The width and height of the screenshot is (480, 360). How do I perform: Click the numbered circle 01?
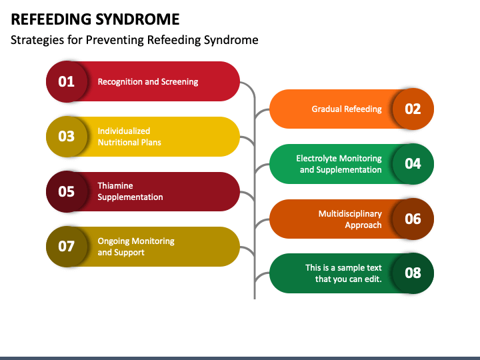click(67, 81)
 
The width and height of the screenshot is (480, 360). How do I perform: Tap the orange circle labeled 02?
click(413, 109)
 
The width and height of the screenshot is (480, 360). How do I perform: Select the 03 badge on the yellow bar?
click(67, 137)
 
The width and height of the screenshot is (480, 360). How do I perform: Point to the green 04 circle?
click(413, 164)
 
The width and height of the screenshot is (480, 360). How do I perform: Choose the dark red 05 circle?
click(67, 191)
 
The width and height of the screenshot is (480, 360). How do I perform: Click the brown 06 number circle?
click(413, 219)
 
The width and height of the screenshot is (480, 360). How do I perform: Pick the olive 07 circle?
click(67, 247)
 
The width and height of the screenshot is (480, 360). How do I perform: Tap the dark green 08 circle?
click(413, 273)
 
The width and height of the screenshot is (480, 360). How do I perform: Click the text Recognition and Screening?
click(148, 82)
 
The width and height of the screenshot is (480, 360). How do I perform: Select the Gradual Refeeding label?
click(347, 109)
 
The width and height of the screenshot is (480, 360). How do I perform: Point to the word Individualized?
click(124, 131)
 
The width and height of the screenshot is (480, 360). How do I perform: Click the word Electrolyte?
click(315, 158)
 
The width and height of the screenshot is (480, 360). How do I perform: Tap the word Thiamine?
click(115, 186)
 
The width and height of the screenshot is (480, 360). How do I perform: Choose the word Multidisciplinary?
click(350, 214)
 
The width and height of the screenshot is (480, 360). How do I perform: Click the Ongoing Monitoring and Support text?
click(136, 247)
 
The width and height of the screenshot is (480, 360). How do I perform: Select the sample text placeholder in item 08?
click(343, 273)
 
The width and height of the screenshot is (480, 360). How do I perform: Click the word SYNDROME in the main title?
click(137, 19)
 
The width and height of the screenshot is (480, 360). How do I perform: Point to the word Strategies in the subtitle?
click(37, 40)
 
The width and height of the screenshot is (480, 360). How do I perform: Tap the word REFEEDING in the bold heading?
click(51, 19)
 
